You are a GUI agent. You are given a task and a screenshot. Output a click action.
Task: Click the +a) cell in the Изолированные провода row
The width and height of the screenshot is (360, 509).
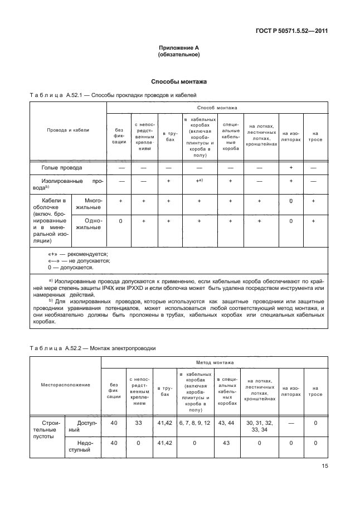[x=198, y=181]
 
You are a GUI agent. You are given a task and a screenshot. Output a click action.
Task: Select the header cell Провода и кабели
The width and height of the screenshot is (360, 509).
[x=67, y=130]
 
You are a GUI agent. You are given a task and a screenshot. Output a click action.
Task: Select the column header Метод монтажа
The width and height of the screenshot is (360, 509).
[x=215, y=362]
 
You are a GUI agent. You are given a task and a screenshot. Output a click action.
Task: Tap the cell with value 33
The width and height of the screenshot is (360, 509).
[x=139, y=423]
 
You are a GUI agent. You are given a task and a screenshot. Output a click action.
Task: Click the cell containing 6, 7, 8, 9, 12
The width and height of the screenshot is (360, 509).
[x=194, y=423]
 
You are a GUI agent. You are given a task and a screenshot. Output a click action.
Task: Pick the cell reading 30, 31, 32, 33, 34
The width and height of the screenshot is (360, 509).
[x=260, y=426]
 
